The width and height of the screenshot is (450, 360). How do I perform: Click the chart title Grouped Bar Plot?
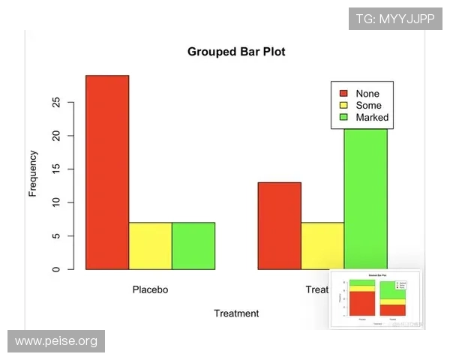(x=236, y=52)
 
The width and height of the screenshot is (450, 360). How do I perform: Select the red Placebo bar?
(x=107, y=172)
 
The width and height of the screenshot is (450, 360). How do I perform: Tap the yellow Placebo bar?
(x=150, y=245)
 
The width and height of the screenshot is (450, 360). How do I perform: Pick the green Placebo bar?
(x=193, y=245)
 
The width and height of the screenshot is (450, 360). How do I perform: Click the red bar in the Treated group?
(x=279, y=225)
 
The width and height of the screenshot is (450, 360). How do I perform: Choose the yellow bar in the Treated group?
(x=322, y=245)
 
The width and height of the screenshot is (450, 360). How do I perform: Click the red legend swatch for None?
(x=344, y=94)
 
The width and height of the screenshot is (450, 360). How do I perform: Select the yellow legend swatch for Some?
(x=344, y=106)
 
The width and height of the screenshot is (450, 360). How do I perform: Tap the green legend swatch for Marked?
(x=344, y=118)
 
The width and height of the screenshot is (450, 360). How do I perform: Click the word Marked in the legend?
(x=372, y=118)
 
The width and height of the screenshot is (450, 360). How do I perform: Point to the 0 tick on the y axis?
(x=56, y=269)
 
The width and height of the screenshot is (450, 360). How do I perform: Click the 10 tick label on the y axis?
(x=56, y=202)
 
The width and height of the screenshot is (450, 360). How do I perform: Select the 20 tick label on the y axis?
(x=56, y=136)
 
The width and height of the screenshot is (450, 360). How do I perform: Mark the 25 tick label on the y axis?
(x=56, y=103)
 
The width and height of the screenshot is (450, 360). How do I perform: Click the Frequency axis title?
(x=33, y=173)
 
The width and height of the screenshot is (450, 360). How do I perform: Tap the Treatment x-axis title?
(x=236, y=313)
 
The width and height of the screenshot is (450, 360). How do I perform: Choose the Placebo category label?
(x=150, y=289)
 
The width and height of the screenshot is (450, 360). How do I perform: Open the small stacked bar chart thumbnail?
(x=376, y=298)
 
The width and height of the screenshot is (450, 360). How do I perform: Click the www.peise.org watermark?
(x=56, y=341)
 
